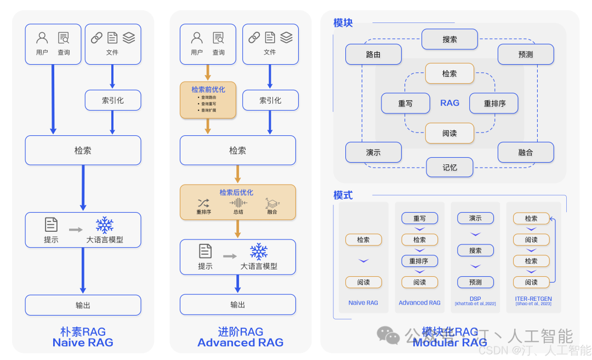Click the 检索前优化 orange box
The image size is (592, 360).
tap(208, 100)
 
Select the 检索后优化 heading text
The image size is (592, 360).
tap(236, 192)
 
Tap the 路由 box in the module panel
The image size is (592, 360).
tap(373, 55)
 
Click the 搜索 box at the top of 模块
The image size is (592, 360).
tap(449, 39)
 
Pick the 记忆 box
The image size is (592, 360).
tap(449, 167)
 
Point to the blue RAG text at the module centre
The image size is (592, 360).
tap(449, 103)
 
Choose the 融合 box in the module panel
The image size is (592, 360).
tap(525, 152)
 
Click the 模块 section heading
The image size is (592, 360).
tap(343, 23)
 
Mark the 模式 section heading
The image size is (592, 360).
tap(343, 195)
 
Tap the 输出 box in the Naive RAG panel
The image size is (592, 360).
tap(83, 305)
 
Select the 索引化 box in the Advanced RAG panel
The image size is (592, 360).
tap(270, 100)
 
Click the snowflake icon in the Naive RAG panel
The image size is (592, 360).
tap(104, 225)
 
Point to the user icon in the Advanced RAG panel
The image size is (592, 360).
tap(197, 38)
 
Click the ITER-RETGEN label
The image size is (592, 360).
tap(533, 299)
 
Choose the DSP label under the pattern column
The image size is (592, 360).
tap(475, 299)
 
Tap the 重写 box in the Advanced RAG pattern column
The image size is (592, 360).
tap(419, 218)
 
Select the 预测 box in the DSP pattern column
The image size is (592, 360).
tap(475, 282)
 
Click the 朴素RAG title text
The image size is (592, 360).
tap(83, 332)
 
